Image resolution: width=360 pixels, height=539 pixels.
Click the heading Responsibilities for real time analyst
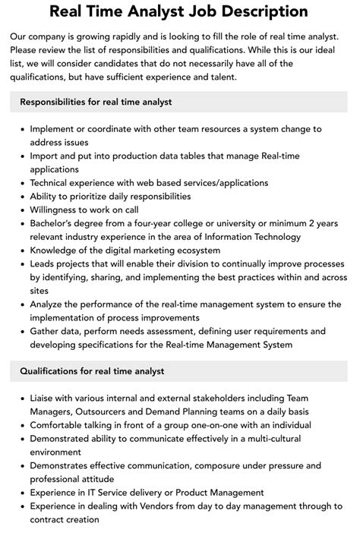click(96, 102)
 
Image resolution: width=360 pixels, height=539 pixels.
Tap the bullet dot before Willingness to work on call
click(21, 210)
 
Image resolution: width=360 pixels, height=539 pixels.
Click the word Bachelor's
click(58, 224)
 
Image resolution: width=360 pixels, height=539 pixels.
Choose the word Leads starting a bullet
click(45, 265)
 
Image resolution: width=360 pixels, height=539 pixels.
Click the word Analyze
click(50, 304)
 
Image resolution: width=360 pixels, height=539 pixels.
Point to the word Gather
click(48, 332)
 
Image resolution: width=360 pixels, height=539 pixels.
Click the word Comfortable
click(62, 424)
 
